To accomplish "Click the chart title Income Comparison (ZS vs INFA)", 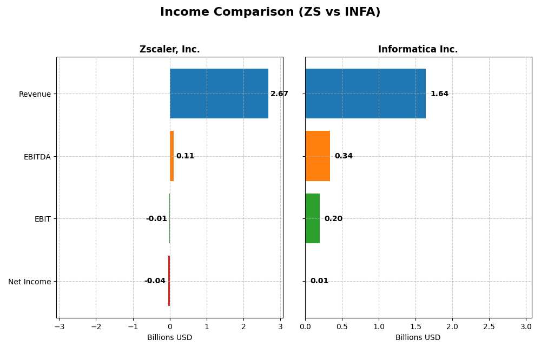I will click(x=270, y=12).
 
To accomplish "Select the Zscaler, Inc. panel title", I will click(x=169, y=50).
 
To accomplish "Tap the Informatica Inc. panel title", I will click(x=418, y=50).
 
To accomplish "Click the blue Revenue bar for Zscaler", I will click(x=219, y=94).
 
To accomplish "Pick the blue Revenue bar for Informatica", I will click(x=365, y=94).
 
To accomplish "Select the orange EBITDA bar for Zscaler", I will click(x=171, y=156).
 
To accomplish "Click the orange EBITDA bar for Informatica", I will click(x=318, y=156).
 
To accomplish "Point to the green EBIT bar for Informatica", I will click(x=312, y=218).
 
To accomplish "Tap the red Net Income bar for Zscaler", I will click(x=169, y=281).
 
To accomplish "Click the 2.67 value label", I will click(x=279, y=94).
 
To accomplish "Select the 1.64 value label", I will click(x=439, y=94).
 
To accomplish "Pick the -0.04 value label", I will click(x=155, y=281).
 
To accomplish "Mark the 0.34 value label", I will click(x=344, y=156).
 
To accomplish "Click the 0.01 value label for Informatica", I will click(x=319, y=281).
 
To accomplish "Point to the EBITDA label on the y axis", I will click(x=37, y=157).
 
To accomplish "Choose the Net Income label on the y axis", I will click(x=30, y=282).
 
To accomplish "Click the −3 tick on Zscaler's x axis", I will click(x=59, y=327).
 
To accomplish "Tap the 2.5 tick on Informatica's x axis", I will click(x=489, y=327).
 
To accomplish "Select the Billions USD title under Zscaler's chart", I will click(x=169, y=338).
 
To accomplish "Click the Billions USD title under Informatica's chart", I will click(x=418, y=338).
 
